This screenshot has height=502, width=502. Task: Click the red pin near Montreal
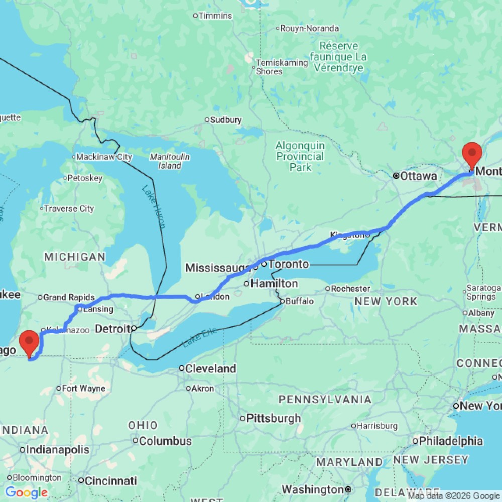tap(472, 154)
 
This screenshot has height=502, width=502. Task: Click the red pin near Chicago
tap(29, 342)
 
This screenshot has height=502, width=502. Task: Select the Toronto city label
tap(288, 264)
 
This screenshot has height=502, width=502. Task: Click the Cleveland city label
tap(210, 368)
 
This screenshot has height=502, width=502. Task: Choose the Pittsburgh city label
tap(272, 418)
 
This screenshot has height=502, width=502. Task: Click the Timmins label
tap(215, 16)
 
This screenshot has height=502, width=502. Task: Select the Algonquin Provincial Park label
tap(300, 156)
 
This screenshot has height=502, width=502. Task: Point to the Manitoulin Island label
tap(170, 161)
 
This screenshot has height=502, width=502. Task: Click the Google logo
tap(26, 492)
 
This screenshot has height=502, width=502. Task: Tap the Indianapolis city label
tap(58, 449)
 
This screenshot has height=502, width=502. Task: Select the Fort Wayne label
tap(84, 388)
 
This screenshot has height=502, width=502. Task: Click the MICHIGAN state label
tap(75, 257)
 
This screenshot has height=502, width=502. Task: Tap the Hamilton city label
tap(274, 284)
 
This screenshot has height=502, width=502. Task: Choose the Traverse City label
tap(69, 208)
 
